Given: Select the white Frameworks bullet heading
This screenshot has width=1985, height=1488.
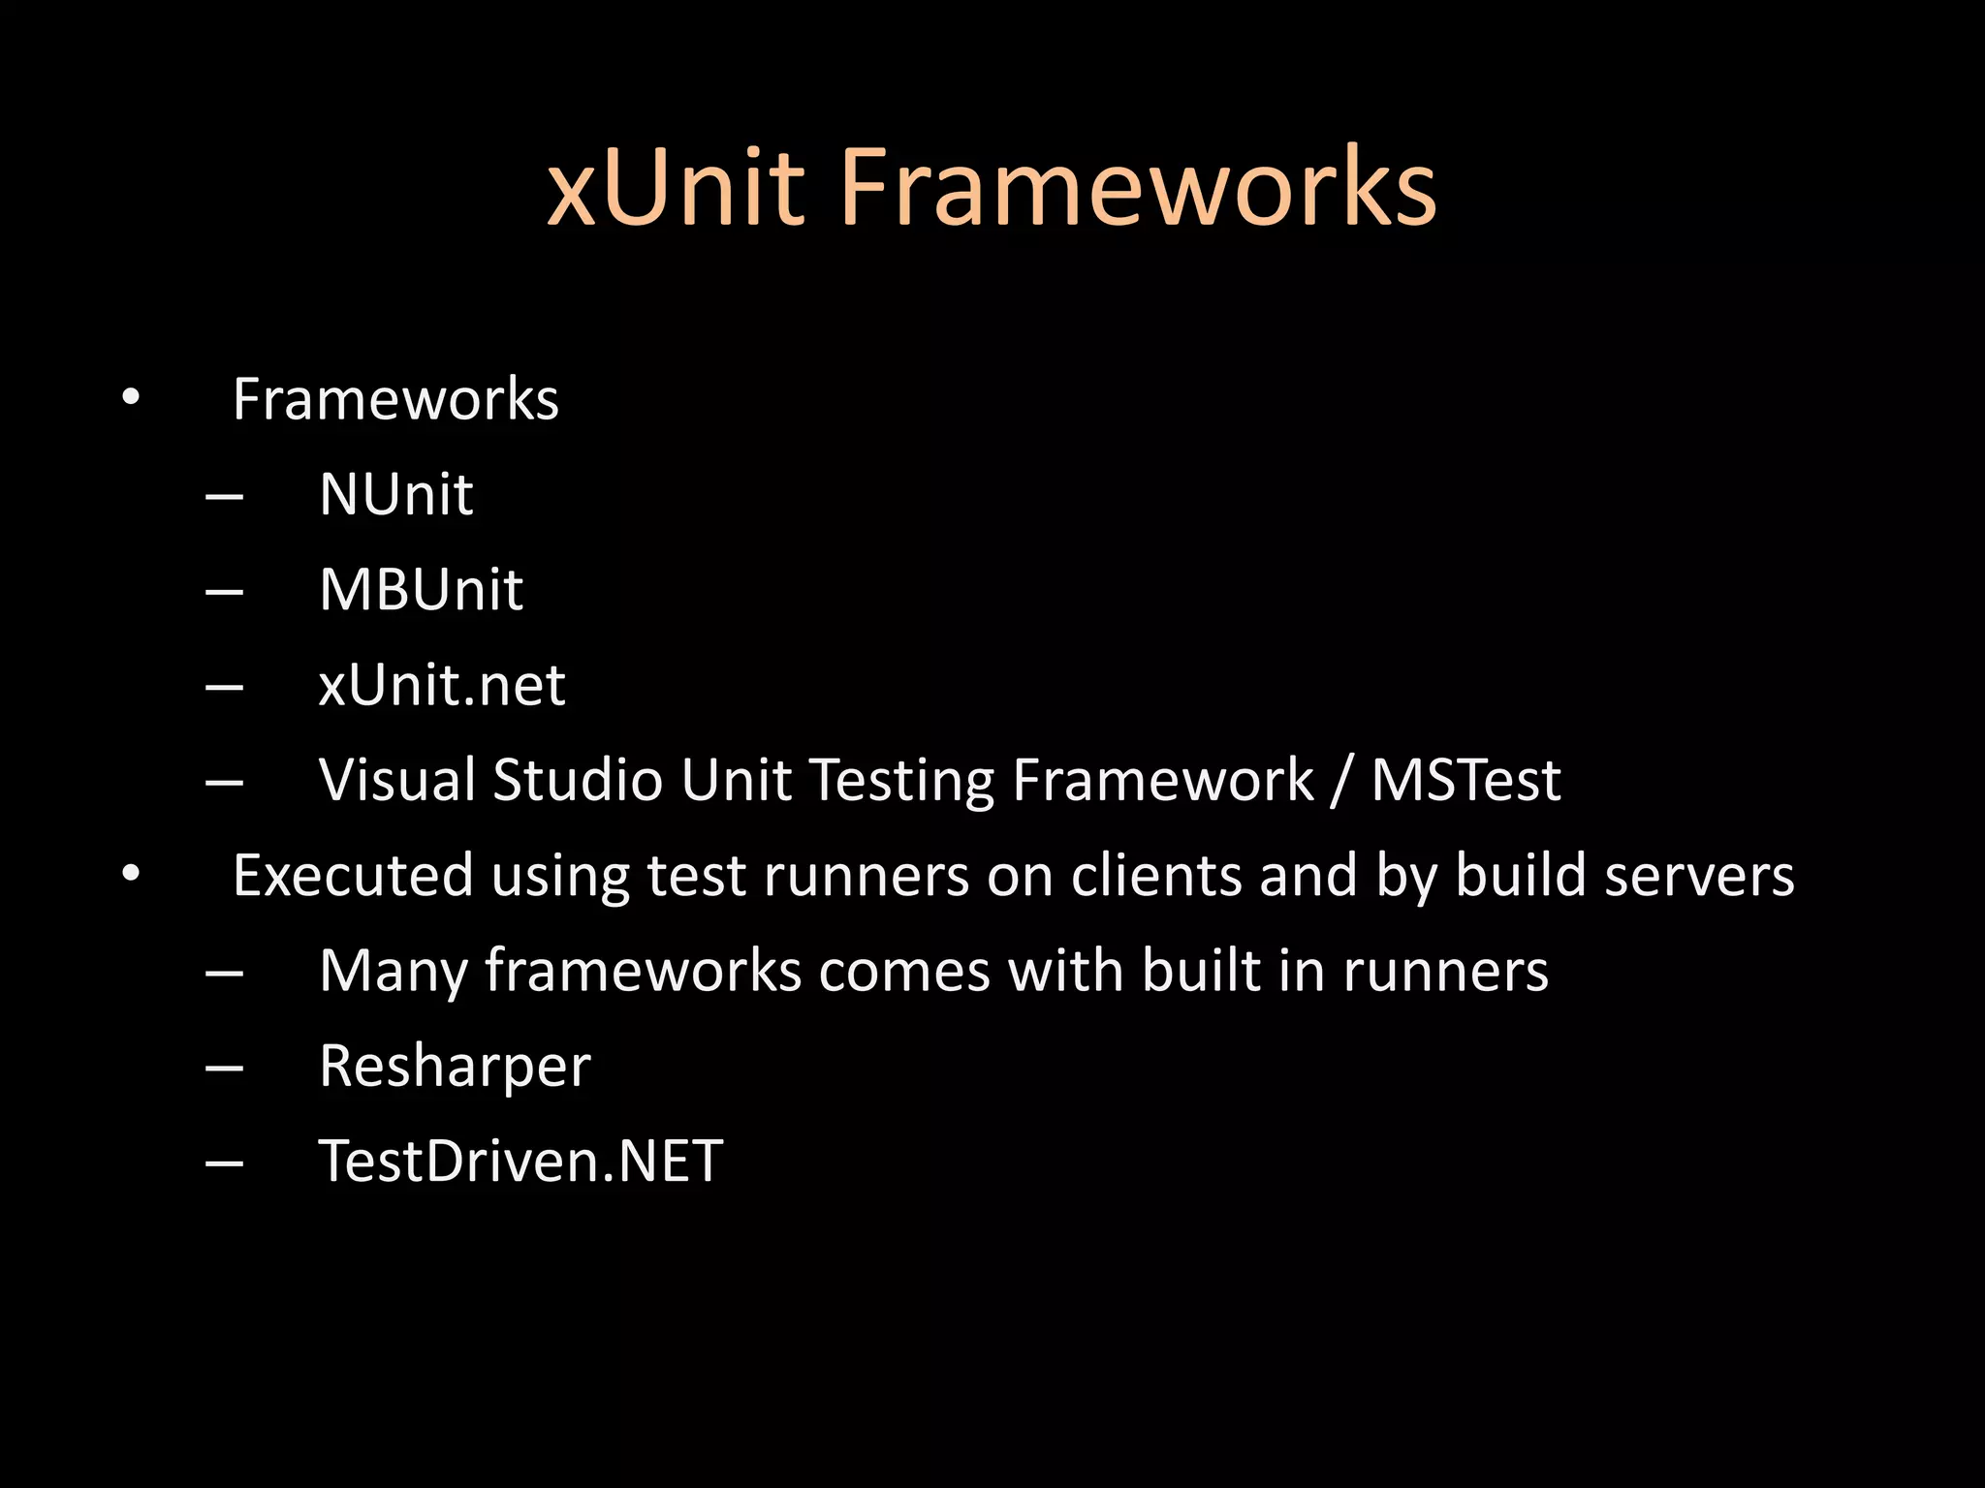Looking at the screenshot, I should click(395, 399).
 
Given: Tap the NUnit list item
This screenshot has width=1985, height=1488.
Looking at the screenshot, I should click(395, 494).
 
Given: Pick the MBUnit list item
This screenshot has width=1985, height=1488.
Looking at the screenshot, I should click(421, 589).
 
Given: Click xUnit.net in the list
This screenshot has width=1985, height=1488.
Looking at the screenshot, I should click(442, 685).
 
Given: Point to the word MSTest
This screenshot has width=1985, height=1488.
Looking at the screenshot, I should click(1465, 780).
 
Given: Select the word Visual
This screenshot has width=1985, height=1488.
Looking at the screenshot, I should click(397, 780).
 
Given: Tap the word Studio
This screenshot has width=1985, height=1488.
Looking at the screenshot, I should click(577, 780).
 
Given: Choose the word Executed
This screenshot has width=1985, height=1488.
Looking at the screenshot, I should click(353, 875).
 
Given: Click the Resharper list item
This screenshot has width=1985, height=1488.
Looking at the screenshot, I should click(455, 1067).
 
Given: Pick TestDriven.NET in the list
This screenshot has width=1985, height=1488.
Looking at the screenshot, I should click(520, 1161).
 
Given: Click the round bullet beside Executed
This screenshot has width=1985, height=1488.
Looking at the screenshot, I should click(131, 875).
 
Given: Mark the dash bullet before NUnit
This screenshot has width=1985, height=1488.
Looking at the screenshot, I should click(224, 496).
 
